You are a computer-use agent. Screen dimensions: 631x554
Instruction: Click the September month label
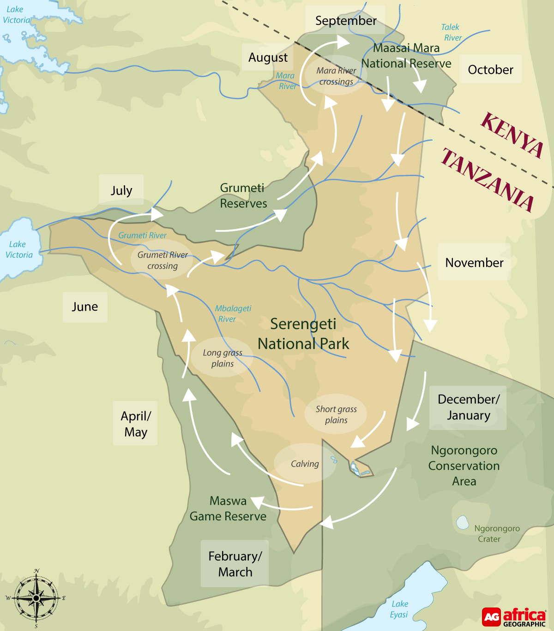click(x=345, y=21)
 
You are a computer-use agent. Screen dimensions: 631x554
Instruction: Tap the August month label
click(x=268, y=58)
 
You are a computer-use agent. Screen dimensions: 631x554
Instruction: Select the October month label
click(x=490, y=70)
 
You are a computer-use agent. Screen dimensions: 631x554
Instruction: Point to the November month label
click(x=474, y=263)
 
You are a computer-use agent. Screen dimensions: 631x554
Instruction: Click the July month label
click(x=121, y=190)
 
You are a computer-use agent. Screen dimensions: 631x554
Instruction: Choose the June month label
click(x=85, y=307)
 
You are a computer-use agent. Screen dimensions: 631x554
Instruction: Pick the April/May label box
click(x=135, y=424)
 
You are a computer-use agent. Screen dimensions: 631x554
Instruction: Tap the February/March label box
click(x=235, y=564)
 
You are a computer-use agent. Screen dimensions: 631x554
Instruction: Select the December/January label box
click(x=468, y=407)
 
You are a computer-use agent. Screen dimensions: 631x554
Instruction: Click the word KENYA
click(x=512, y=135)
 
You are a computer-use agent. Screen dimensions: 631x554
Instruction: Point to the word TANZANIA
click(x=488, y=180)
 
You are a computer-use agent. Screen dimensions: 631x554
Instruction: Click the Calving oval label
click(x=305, y=464)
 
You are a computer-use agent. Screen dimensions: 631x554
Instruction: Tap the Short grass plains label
click(x=336, y=414)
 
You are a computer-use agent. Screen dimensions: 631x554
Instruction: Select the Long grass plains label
click(x=223, y=358)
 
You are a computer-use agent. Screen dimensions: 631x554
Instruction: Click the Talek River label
click(x=452, y=33)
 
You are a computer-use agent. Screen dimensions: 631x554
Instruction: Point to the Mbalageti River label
click(x=233, y=313)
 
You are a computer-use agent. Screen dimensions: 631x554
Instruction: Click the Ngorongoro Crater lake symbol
click(x=462, y=522)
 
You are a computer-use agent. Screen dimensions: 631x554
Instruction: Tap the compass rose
click(x=36, y=598)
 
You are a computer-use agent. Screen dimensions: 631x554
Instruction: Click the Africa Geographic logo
click(x=514, y=617)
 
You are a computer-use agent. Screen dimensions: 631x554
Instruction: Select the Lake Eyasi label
click(x=399, y=609)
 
